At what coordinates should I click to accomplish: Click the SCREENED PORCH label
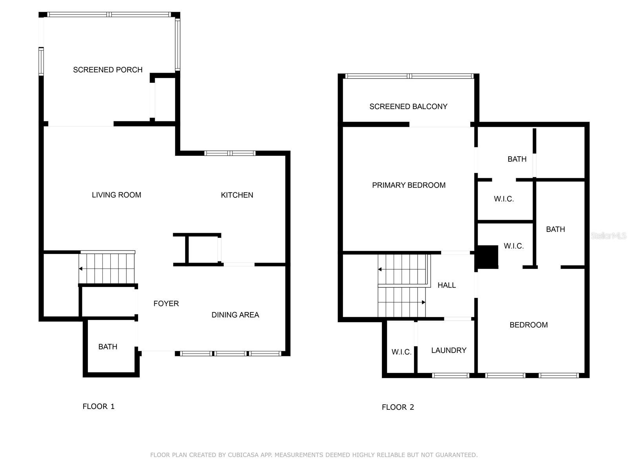(108, 70)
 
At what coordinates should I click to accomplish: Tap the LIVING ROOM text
(117, 195)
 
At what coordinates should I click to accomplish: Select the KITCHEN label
(237, 195)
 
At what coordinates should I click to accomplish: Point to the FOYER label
(166, 303)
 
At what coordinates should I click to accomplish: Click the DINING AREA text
(235, 315)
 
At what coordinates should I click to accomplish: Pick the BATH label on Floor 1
(108, 347)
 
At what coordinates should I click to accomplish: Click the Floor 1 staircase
(107, 268)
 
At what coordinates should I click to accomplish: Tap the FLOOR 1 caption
(99, 406)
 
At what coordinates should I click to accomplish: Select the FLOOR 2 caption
(398, 407)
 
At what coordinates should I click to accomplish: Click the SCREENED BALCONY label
(408, 107)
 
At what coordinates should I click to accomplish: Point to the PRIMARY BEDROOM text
(409, 185)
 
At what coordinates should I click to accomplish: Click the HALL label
(447, 285)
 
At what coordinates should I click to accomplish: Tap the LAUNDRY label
(449, 351)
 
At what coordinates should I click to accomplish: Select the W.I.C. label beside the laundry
(402, 352)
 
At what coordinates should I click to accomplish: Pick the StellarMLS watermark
(608, 235)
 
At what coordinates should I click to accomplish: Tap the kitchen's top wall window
(230, 153)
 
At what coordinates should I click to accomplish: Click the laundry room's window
(451, 376)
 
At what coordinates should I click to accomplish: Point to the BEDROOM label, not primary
(528, 325)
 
